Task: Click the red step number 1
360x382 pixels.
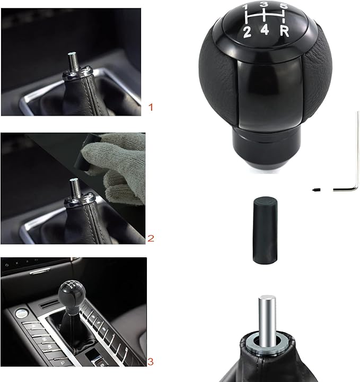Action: pyautogui.click(x=151, y=107)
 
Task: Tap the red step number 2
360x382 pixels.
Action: pyautogui.click(x=151, y=238)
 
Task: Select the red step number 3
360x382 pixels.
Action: pyautogui.click(x=151, y=362)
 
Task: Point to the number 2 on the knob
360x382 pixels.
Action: pyautogui.click(x=247, y=31)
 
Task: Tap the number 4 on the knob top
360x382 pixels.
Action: pyautogui.click(x=265, y=31)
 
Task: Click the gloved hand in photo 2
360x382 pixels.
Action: pyautogui.click(x=119, y=164)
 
